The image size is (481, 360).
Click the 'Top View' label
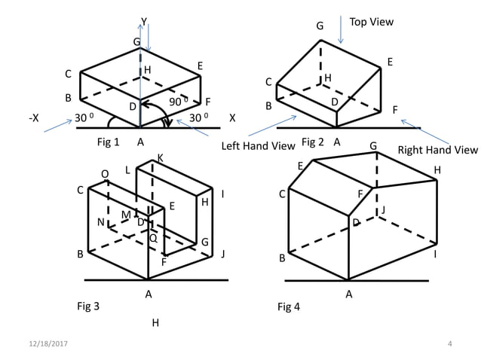(x=371, y=22)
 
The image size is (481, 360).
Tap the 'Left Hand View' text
(x=257, y=146)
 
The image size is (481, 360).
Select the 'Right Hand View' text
(x=437, y=150)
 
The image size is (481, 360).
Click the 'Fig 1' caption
(x=109, y=142)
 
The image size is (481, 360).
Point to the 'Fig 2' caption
(x=312, y=142)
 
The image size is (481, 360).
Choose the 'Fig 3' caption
(x=88, y=306)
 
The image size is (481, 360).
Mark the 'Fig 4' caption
(x=289, y=307)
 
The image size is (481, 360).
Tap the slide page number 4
(x=449, y=344)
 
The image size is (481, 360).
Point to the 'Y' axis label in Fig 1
(x=144, y=20)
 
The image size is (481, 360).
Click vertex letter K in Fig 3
(x=160, y=157)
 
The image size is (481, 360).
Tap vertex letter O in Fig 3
(x=105, y=174)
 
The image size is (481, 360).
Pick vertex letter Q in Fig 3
(x=153, y=237)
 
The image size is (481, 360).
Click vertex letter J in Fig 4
(x=383, y=209)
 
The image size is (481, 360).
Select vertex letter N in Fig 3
(x=100, y=221)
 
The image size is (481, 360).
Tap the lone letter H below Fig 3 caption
(x=155, y=323)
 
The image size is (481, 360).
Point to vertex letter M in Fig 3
(x=125, y=215)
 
